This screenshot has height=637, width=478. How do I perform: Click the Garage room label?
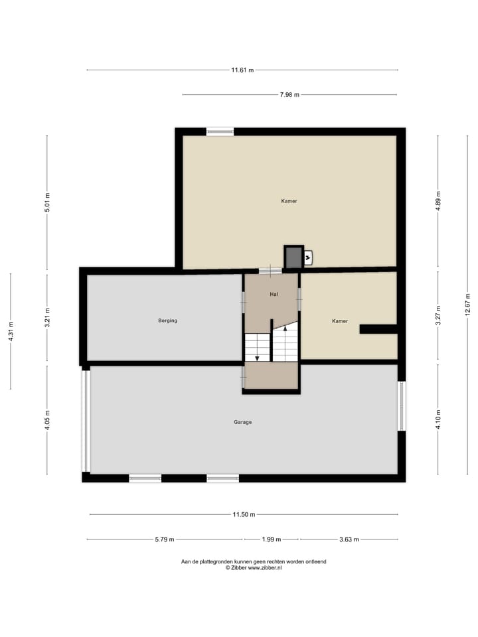[242, 422]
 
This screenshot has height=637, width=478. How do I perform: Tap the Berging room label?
[167, 320]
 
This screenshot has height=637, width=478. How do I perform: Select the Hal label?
[273, 293]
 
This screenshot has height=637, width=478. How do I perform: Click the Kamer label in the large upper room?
[289, 200]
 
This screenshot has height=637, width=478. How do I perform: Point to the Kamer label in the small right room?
[340, 321]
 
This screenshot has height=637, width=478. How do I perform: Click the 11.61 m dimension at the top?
[242, 70]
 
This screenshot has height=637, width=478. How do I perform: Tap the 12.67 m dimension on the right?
[467, 305]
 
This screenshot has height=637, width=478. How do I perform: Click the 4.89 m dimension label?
[438, 201]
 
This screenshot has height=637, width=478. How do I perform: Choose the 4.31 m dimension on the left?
[11, 331]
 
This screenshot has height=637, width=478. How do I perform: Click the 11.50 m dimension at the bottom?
[244, 514]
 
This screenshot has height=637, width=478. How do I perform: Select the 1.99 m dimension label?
[271, 539]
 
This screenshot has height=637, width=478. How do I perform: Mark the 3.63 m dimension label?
[349, 539]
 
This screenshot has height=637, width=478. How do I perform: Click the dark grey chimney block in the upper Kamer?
[292, 257]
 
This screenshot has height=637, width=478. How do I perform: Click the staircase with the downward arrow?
[257, 348]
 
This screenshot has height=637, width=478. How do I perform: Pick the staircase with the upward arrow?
[285, 344]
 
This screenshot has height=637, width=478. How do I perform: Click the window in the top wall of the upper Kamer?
[220, 131]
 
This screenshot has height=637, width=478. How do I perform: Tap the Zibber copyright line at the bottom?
[254, 568]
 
